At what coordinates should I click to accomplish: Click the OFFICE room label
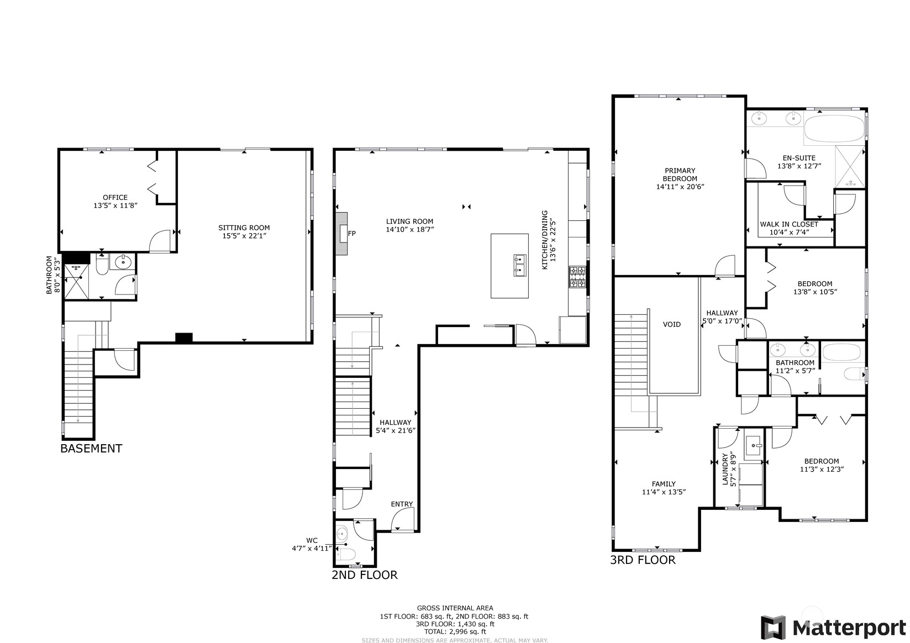coord(115,197)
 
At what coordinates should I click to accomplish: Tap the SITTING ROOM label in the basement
coord(244,228)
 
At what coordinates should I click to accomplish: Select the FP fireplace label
coord(352,234)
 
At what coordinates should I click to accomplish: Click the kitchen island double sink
coord(520,265)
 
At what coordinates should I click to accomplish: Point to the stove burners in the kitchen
coord(577,277)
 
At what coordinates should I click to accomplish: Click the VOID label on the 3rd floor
coord(671,325)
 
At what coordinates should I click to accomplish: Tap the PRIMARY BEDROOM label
coord(680,175)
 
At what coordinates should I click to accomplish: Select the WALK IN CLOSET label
coord(789,224)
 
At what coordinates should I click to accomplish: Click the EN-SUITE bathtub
coord(834,130)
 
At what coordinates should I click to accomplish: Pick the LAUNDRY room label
coord(725,469)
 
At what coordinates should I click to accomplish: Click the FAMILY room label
coord(664,484)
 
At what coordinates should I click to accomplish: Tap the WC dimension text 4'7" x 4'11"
coord(312,549)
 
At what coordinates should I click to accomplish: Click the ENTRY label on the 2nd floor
coord(402,504)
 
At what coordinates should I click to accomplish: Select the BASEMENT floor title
coord(91,449)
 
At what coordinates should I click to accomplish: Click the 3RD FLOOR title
coord(643,560)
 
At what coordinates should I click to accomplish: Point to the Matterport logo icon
coord(774,628)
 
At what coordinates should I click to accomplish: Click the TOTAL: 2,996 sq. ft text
coord(455,631)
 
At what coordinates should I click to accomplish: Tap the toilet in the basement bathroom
coord(102,265)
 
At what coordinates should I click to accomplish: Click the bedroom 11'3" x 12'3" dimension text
coord(822,469)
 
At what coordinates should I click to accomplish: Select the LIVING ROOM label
coord(409,222)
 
